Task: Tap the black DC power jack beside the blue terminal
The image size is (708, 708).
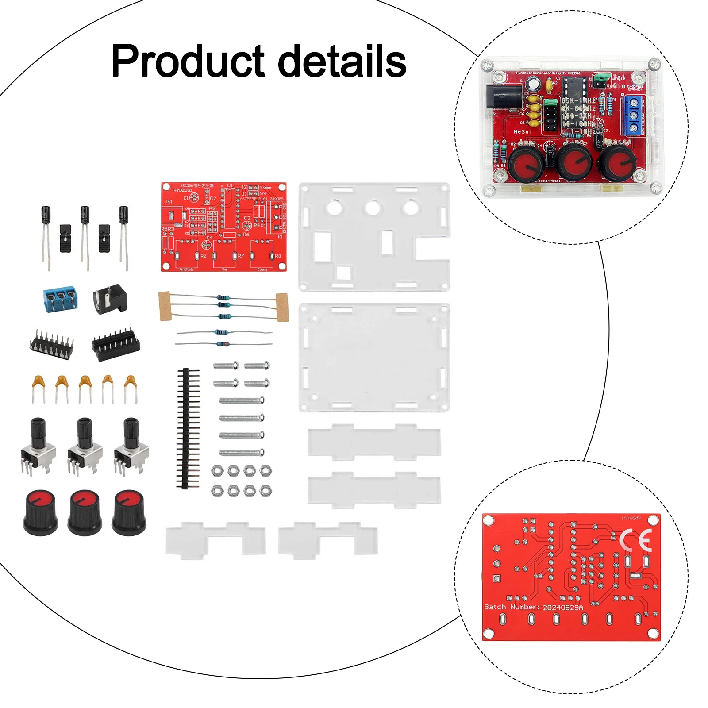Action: pos(110,299)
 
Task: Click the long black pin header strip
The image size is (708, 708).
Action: pos(188,428)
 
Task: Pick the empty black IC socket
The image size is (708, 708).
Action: pos(115,344)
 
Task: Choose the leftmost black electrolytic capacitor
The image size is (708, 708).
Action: pos(46,215)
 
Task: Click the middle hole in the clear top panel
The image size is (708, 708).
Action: pos(372,208)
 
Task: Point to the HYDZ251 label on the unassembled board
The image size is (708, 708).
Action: pos(183,190)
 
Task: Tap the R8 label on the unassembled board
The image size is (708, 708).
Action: pos(278,256)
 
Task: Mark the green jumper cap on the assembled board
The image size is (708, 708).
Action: pos(600,80)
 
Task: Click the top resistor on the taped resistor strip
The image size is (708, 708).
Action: pos(223,298)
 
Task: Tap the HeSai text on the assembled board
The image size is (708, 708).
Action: pos(522,132)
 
